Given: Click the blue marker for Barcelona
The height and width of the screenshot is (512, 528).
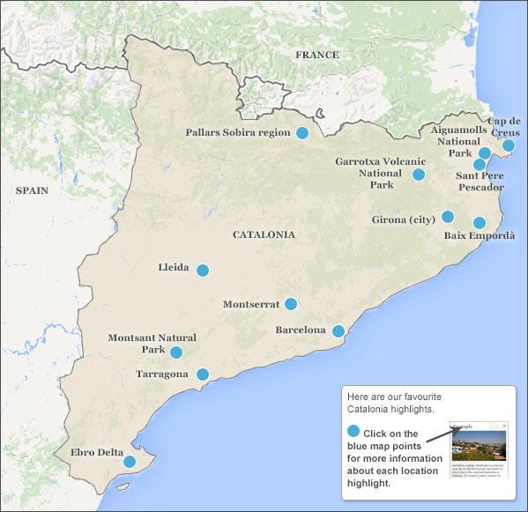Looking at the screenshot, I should pyautogui.click(x=338, y=331).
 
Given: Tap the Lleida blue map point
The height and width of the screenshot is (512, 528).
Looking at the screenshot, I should pyautogui.click(x=203, y=271).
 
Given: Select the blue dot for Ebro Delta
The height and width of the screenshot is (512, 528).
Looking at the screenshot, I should pyautogui.click(x=130, y=461).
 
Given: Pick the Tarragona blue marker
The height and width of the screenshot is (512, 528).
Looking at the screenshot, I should pyautogui.click(x=202, y=375).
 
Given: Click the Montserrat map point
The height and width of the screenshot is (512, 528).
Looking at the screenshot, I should pyautogui.click(x=291, y=304).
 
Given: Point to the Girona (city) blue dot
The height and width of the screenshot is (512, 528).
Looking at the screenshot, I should pyautogui.click(x=448, y=217).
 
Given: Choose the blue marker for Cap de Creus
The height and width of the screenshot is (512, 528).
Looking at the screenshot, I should pyautogui.click(x=509, y=145).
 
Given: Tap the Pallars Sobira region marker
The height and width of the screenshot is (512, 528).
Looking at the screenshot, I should pyautogui.click(x=302, y=133).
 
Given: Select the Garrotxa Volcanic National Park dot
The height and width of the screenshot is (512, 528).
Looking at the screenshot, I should pyautogui.click(x=419, y=174).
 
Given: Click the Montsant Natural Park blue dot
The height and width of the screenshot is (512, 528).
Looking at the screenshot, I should pyautogui.click(x=176, y=352).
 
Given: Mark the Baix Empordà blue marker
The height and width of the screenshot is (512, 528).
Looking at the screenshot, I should pyautogui.click(x=480, y=223).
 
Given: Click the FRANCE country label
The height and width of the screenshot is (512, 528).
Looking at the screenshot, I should pyautogui.click(x=316, y=55).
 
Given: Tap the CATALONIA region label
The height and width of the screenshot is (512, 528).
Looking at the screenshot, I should pyautogui.click(x=264, y=235).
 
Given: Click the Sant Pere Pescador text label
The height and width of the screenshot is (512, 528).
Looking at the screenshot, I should pyautogui.click(x=480, y=182).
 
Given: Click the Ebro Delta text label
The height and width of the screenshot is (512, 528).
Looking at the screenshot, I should pyautogui.click(x=97, y=453).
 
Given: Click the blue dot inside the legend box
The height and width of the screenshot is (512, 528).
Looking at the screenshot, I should pyautogui.click(x=353, y=432).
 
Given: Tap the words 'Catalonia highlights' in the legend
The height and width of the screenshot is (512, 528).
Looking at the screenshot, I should pyautogui.click(x=390, y=410).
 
